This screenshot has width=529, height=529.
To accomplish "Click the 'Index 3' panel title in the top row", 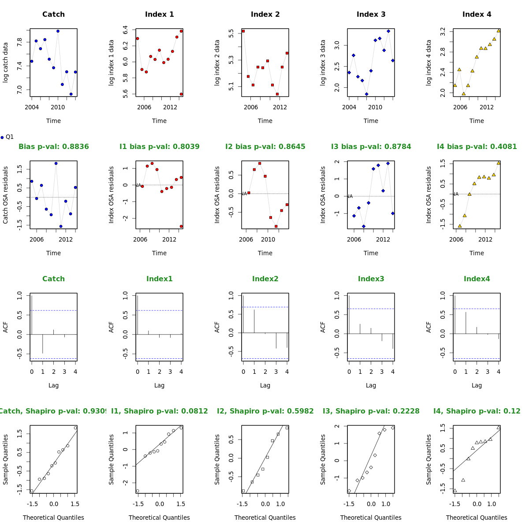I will point(371,15).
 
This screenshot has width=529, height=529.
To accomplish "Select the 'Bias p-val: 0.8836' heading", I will point(53,147).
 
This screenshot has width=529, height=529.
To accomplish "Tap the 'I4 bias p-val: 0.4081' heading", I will point(477,147).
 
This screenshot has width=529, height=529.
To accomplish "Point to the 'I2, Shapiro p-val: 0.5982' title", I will point(265,411).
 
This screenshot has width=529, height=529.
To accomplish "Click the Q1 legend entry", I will point(7,137).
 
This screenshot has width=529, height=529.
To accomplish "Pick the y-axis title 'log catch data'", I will point(6,62).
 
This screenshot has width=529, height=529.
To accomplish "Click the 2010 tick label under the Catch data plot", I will point(58,107).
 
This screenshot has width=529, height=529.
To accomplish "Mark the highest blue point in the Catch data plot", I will point(58,31).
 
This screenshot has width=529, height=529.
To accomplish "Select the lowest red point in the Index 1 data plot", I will point(181,94).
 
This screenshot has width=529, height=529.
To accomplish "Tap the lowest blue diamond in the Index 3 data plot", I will point(366,94).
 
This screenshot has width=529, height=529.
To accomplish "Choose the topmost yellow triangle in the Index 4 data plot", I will point(499,31).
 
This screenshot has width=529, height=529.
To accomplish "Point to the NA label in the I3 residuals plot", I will point(350,196).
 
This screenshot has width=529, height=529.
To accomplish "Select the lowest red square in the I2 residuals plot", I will point(276,226).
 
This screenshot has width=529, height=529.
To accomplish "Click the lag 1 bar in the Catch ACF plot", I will point(43,344).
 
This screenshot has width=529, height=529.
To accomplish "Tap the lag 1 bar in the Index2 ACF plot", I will point(254,321).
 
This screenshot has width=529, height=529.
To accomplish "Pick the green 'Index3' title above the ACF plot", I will point(371,279).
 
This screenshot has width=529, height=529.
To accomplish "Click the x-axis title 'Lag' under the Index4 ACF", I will point(477,385).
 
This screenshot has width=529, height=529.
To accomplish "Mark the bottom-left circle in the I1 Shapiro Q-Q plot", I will point(138,491).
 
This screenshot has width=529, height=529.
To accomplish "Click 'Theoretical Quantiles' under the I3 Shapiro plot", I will point(371,518).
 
